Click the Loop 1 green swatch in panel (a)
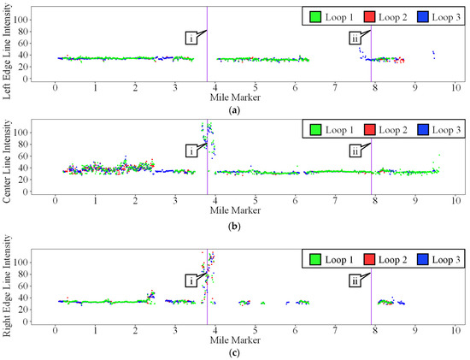pos(314,16)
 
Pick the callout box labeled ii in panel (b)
pos(355,150)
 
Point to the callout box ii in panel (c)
pos(355,280)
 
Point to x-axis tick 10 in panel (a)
pos(455,87)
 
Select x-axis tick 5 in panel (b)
pos(256,202)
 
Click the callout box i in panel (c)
pos(192,280)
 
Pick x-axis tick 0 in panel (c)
pos(56,328)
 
